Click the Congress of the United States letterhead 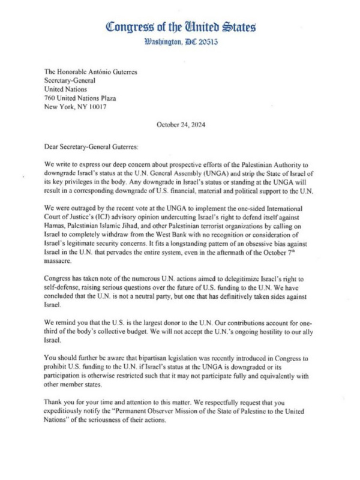pos(181,26)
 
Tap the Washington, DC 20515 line pos(181,43)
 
